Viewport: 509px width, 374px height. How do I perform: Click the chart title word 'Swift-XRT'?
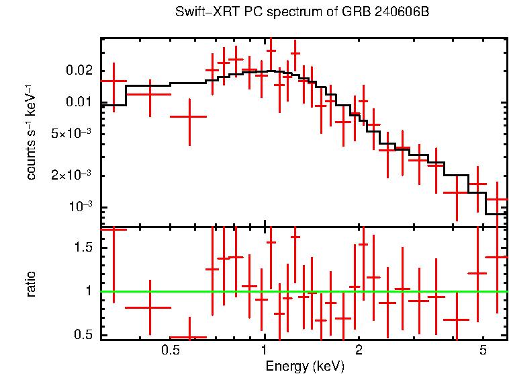pyautogui.click(x=199, y=12)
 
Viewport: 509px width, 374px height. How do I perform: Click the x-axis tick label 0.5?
pyautogui.click(x=170, y=351)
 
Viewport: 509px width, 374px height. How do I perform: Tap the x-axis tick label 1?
pyautogui.click(x=265, y=351)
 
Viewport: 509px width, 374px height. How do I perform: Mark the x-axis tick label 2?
pyautogui.click(x=359, y=351)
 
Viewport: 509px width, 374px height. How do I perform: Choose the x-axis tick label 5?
pyautogui.click(x=483, y=351)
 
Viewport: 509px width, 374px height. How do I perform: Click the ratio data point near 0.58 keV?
pyautogui.click(x=189, y=337)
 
